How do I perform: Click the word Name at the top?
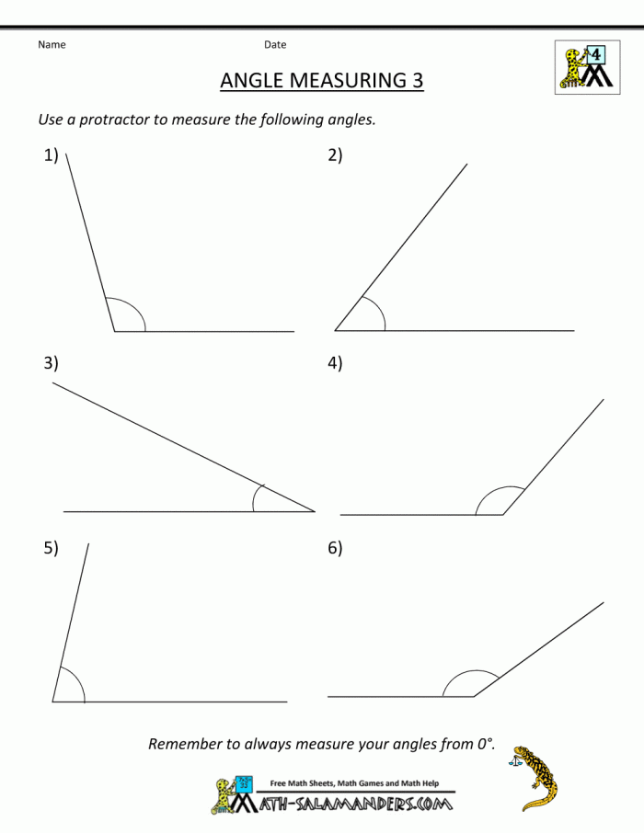click(x=52, y=44)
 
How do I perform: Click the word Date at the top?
click(x=275, y=44)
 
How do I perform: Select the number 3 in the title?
click(x=417, y=81)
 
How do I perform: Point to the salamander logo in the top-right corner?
click(x=585, y=66)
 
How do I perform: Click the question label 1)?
click(x=51, y=155)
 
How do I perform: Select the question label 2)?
click(x=335, y=155)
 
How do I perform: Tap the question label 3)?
click(x=51, y=363)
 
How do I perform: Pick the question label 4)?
click(x=335, y=363)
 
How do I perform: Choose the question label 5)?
click(x=51, y=548)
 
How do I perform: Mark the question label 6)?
click(x=335, y=548)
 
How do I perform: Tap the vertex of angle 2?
click(x=335, y=330)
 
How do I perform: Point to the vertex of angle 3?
click(x=315, y=511)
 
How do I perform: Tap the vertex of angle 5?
click(x=52, y=702)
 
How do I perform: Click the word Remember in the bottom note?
click(x=187, y=744)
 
